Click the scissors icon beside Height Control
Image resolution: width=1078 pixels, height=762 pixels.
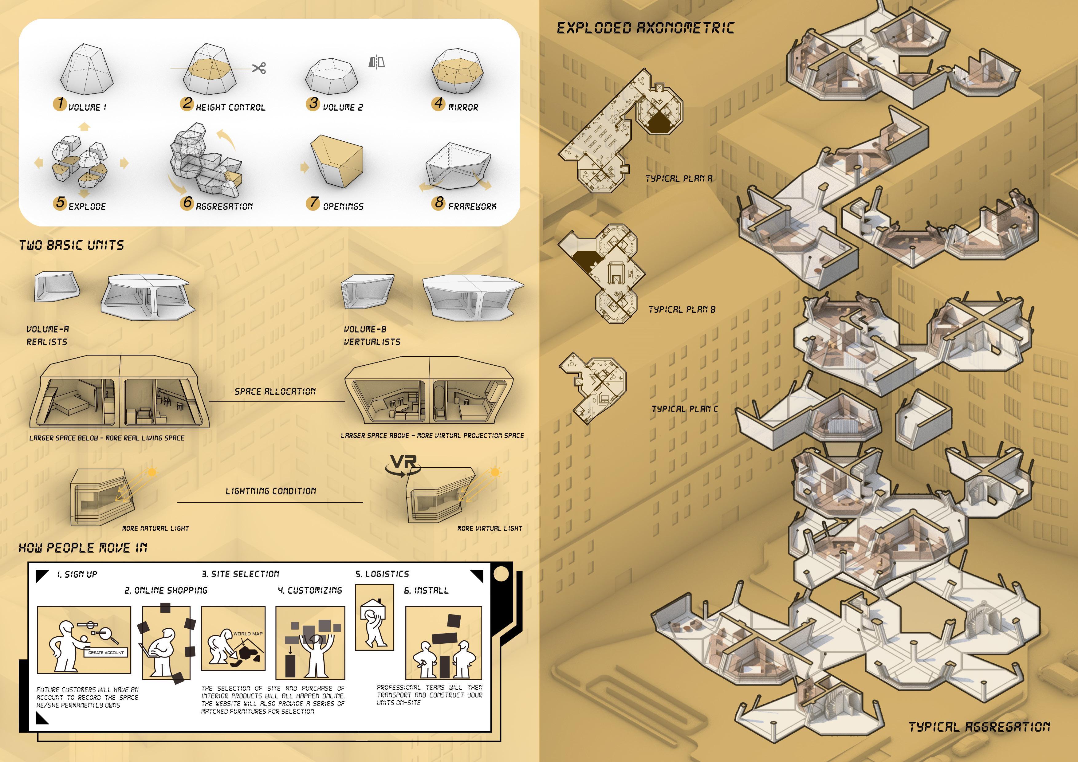point(259,68)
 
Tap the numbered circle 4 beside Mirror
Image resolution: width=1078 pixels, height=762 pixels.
point(439,103)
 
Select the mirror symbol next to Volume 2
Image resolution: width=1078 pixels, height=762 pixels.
point(376,62)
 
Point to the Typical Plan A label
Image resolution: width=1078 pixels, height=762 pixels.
point(679,179)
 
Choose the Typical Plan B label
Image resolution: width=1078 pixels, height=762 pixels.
point(682,309)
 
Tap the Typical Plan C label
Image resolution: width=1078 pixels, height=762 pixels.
point(685,409)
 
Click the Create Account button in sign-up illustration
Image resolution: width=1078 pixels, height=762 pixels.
point(106,653)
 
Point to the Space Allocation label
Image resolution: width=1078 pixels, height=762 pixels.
point(275,391)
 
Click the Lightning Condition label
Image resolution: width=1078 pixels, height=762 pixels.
point(271,491)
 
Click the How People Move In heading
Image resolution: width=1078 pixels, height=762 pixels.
point(83,548)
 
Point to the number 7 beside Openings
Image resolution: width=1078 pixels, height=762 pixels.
point(313,202)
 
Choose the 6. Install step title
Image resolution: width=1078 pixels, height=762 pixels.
point(426,590)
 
